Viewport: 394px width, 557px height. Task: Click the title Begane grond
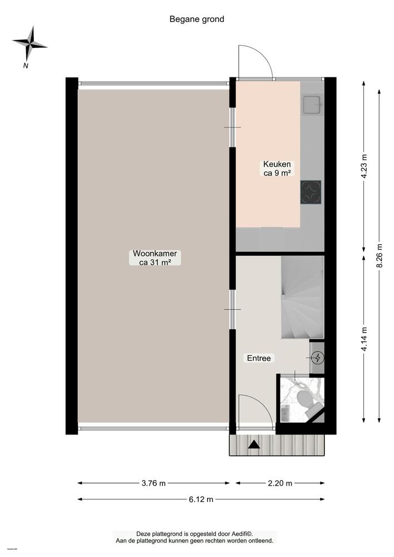point(196,19)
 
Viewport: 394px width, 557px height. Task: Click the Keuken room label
point(277,169)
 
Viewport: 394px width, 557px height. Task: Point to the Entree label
point(259,358)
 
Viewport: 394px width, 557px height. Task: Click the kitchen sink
point(312,103)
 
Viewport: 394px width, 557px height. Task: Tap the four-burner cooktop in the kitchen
point(311,192)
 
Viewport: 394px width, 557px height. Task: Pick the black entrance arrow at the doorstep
point(254,444)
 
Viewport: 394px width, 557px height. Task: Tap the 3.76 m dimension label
point(154,483)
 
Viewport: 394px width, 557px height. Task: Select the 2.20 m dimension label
point(280,483)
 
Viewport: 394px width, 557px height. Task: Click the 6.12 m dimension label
point(201,499)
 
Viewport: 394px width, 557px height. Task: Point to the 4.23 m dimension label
point(365,165)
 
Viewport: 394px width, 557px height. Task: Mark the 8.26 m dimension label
point(380,255)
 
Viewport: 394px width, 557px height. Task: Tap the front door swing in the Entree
point(255,411)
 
